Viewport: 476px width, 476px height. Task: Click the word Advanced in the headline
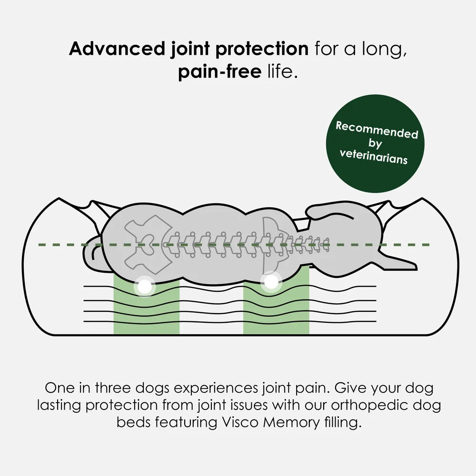click(117, 49)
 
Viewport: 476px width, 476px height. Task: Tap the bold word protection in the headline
click(262, 49)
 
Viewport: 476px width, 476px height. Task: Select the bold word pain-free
click(220, 71)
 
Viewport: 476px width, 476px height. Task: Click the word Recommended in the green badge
click(377, 130)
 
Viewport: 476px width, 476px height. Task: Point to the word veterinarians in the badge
click(374, 157)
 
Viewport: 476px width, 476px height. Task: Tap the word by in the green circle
click(375, 143)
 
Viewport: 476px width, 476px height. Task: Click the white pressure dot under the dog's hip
click(145, 286)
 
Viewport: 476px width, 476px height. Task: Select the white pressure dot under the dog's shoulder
click(271, 282)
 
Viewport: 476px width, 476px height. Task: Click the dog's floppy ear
click(329, 212)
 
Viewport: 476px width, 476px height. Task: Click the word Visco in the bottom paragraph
click(239, 422)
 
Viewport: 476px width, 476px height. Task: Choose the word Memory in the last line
click(291, 422)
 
